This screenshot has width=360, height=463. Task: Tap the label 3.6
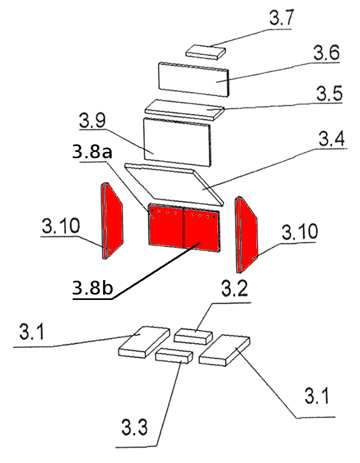pos(327,53)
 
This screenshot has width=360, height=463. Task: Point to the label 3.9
pos(92,120)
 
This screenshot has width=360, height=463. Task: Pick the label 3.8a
pos(91,153)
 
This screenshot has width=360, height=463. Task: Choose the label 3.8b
pos(92,289)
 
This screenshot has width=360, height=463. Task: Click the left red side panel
pos(112,222)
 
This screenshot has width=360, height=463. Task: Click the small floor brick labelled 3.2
pos(193,337)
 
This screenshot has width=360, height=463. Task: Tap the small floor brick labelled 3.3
pos(174,355)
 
